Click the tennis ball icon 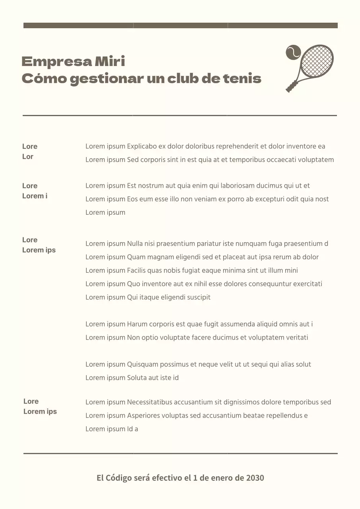[293, 52]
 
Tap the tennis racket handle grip [291, 87]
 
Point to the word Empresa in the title [56, 62]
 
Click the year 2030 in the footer [255, 478]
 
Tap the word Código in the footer [119, 478]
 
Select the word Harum [137, 324]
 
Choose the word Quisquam [143, 364]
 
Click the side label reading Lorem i [35, 196]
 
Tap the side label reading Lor [28, 157]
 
